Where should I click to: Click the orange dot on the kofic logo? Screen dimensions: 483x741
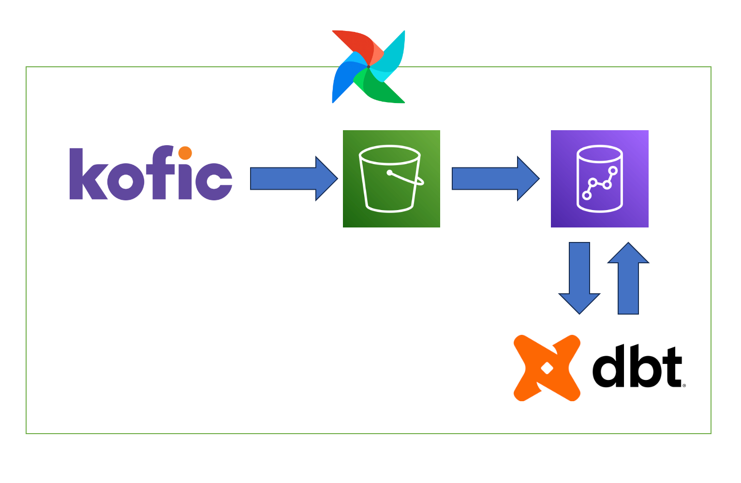[185, 153]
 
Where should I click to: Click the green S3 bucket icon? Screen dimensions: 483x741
[391, 179]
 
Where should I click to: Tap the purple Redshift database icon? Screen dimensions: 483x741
[599, 179]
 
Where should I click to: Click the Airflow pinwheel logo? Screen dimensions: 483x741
[369, 67]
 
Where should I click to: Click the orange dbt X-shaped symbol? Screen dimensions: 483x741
[547, 368]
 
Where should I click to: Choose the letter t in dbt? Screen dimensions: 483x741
[670, 368]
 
